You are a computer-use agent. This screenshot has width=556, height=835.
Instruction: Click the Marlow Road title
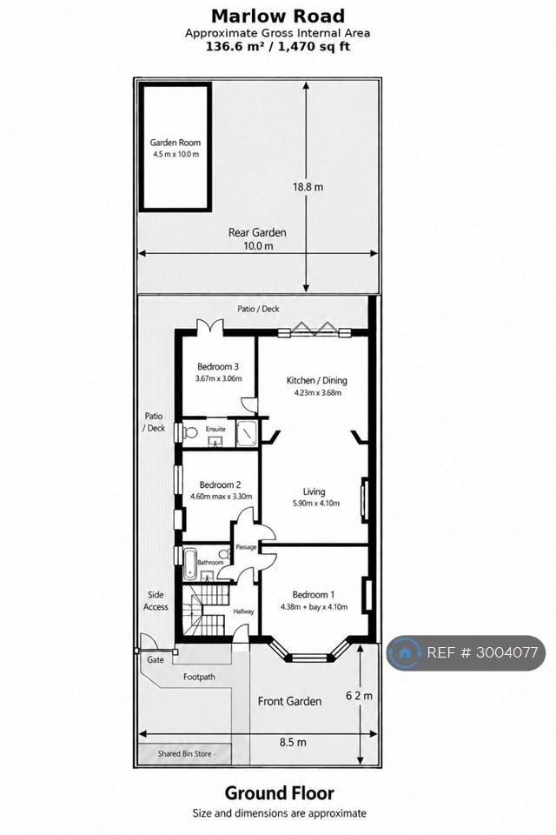point(278,16)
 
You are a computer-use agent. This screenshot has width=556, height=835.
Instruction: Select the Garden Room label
point(175,142)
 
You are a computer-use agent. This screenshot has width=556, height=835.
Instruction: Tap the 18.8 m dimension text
point(308,187)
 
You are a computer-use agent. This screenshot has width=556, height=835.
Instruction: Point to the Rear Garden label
point(257,232)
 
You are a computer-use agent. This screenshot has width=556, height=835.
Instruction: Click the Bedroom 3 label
point(217,366)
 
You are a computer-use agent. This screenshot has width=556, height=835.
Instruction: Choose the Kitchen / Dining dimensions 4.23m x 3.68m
point(318,393)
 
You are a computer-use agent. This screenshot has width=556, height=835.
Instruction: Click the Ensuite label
point(215,429)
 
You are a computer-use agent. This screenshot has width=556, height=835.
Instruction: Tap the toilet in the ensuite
point(189,431)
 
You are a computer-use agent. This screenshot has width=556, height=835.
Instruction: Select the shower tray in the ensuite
point(247,433)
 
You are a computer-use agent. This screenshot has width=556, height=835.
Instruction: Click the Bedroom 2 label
point(220,484)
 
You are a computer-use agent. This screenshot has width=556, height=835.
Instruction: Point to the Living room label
point(314,491)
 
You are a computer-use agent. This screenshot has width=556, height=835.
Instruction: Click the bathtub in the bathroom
point(189,564)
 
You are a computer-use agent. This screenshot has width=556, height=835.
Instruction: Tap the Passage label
point(246,547)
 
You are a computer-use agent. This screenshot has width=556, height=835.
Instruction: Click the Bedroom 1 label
point(314,595)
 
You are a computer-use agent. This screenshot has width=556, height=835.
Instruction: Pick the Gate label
point(156,660)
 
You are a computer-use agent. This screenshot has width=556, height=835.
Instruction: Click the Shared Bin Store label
point(185,753)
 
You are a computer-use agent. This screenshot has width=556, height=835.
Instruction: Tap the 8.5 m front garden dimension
point(293,742)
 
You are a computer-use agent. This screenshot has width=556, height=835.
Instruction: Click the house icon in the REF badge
point(404,652)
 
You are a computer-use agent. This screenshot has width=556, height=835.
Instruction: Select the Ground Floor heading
point(280,793)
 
